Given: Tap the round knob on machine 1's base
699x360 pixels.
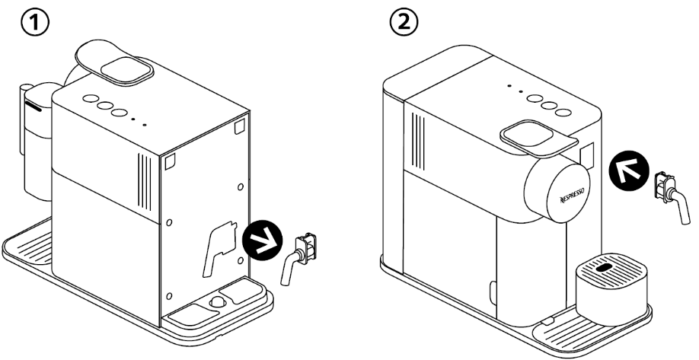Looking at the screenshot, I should pos(217,301).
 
